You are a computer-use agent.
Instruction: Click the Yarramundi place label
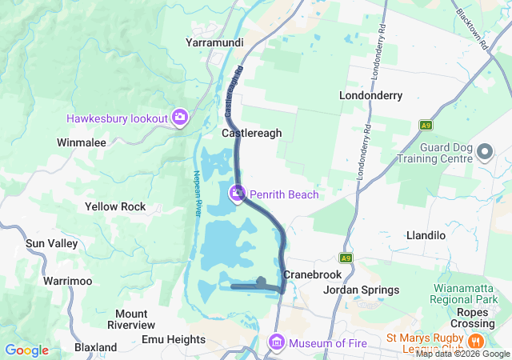pos(214,42)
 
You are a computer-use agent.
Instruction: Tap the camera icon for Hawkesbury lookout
pos(180,118)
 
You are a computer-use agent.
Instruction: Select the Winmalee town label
pos(82,142)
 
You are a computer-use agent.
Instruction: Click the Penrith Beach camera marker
pos(237,194)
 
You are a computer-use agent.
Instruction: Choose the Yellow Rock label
pos(115,206)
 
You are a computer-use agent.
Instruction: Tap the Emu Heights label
pos(174,339)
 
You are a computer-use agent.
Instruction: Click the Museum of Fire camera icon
pos(277,342)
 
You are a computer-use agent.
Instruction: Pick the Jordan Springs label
pos(361,290)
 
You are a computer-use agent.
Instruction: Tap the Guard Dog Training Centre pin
pos(484,151)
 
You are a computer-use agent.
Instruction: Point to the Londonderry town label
pos(370,95)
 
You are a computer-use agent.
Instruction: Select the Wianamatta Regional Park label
pos(465,293)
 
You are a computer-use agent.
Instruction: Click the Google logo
pos(26,350)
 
